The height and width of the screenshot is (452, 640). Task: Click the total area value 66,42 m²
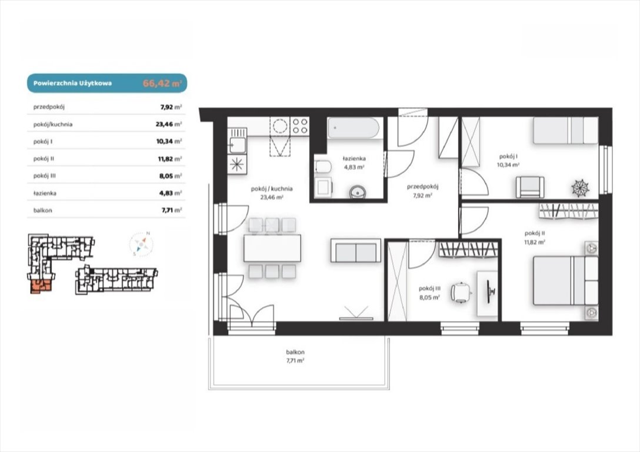coord(162,84)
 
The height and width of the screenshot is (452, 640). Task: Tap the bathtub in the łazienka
coord(355,128)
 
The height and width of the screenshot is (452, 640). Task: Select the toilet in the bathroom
coord(323,167)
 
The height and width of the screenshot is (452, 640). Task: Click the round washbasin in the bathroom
coord(358,191)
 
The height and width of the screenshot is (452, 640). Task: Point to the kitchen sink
coord(237,145)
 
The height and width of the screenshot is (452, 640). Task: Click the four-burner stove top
coord(299,126)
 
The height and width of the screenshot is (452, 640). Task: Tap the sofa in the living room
coord(355,250)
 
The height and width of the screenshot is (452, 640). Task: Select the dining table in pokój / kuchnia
coord(272,248)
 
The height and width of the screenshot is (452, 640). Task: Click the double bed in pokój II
coord(565,281)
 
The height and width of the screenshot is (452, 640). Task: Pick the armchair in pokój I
coord(530,187)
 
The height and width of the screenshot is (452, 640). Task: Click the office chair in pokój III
coord(461,293)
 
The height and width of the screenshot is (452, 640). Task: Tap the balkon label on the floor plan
coord(295,352)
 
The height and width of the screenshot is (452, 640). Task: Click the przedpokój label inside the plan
coord(422,187)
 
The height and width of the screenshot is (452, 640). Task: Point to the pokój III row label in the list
coord(45,176)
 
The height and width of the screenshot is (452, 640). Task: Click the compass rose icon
coord(141,244)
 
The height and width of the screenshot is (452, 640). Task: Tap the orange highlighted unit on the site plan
coord(41,286)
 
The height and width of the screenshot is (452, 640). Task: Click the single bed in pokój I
coord(565,130)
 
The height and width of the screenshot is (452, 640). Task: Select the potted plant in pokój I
coord(580,188)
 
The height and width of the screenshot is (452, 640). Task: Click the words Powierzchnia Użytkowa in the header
coord(73,84)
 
